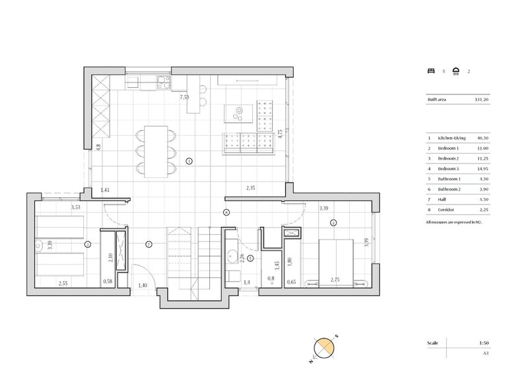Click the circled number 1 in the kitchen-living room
pos(189,160)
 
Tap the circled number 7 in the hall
pos(149,244)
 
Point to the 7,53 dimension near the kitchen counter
pos(185,97)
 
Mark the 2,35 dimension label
pos(251,188)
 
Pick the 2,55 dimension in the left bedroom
pos(63,283)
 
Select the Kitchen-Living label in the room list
pos(453,138)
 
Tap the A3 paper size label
pos(485,354)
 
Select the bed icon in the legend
pos(432,71)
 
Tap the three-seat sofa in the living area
pos(249,142)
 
